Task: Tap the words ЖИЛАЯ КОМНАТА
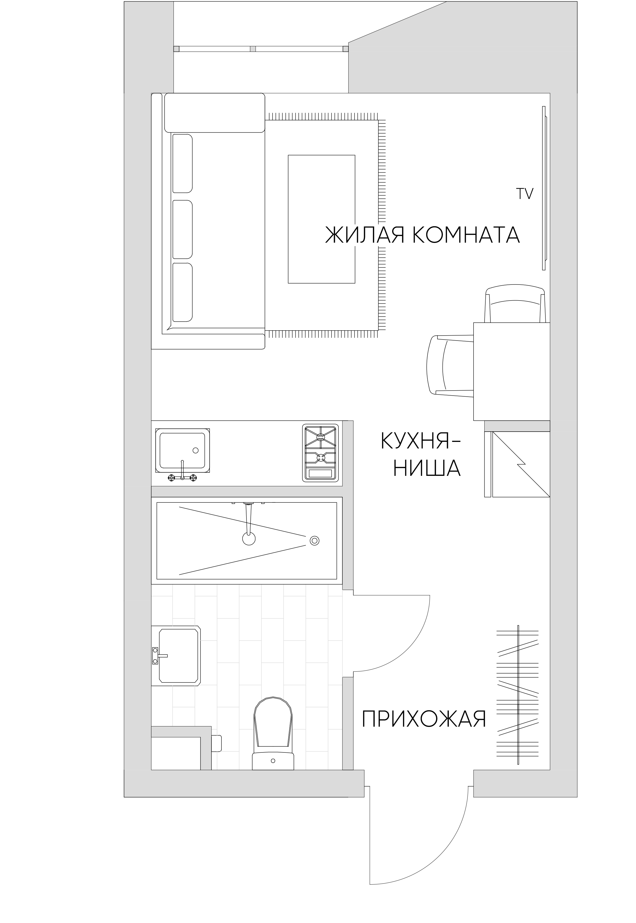(x=422, y=235)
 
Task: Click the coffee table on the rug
(x=322, y=219)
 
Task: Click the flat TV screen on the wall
(x=544, y=188)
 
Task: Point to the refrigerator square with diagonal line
(x=521, y=464)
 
